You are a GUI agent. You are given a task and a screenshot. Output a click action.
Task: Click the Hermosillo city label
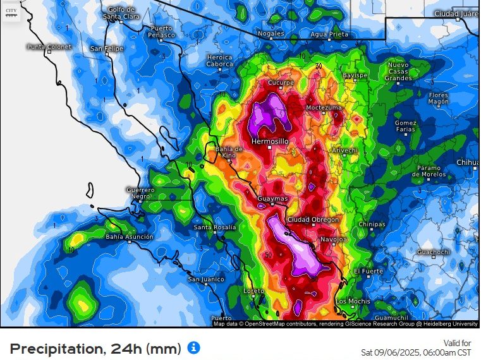(270, 141)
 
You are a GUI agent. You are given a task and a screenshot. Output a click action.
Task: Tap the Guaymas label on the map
(272, 199)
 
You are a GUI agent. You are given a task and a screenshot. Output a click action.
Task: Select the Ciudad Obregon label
(313, 220)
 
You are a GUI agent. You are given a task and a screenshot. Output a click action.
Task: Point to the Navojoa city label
(334, 240)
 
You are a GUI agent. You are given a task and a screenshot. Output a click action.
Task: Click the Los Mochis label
(352, 301)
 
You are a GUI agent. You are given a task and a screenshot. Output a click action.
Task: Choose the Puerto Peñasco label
(161, 32)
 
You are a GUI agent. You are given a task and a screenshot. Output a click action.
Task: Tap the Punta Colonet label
(48, 47)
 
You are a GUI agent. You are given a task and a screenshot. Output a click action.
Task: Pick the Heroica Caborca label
(219, 61)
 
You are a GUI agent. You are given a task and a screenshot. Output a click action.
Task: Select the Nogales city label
(271, 33)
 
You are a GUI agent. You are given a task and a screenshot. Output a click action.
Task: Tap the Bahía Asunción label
(130, 237)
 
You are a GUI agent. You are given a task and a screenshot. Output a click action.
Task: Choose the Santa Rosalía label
(215, 227)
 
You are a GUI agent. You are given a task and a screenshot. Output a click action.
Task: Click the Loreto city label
(254, 291)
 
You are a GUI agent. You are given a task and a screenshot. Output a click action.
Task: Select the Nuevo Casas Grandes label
(398, 71)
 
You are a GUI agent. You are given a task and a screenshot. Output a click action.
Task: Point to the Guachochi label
(433, 252)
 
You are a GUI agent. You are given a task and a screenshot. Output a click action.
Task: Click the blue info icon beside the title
(195, 347)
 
